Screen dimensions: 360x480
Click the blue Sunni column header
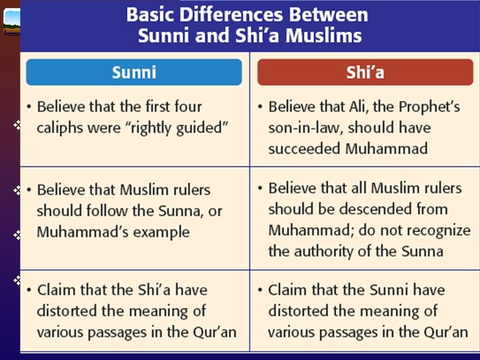click(134, 72)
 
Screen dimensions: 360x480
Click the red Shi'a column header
click(365, 72)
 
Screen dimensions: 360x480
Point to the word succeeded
click(304, 148)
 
